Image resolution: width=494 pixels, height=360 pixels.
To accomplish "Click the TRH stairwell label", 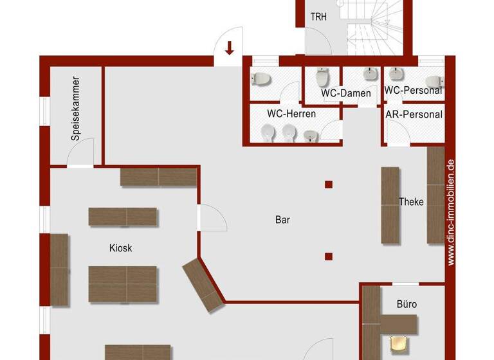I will [318, 17].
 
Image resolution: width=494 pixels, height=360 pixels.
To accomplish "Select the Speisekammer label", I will [76, 109].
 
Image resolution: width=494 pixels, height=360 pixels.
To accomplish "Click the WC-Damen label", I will [346, 93].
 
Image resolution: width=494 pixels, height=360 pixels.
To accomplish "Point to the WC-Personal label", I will [414, 91].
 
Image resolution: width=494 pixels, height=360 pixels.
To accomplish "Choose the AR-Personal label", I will [414, 114].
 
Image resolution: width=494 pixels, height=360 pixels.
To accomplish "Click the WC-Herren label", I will [291, 114].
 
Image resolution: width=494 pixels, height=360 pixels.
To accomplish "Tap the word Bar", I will [282, 220].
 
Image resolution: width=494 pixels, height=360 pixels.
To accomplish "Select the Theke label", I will [411, 202].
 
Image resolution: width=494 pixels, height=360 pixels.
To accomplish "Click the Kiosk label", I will [120, 248].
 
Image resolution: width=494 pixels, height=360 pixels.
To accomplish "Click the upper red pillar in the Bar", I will [329, 184].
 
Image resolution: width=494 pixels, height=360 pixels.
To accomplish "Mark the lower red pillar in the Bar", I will [329, 256].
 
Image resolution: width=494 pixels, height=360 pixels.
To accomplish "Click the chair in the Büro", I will [399, 345].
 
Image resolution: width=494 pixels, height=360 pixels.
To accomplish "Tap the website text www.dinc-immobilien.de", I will [451, 212].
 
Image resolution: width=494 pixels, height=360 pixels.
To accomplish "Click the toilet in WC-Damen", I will [322, 78].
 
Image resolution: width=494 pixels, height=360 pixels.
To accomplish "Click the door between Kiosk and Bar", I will [212, 219].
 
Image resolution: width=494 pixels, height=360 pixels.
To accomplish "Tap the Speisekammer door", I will [82, 153].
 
